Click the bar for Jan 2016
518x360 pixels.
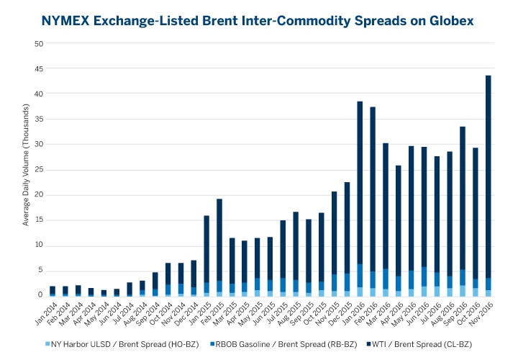click(360, 198)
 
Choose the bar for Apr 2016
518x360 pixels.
click(398, 230)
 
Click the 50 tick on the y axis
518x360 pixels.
click(39, 44)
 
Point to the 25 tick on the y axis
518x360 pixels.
click(39, 169)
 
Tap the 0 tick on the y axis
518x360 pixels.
click(41, 295)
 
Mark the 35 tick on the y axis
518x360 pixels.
click(39, 119)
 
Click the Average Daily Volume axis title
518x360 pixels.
click(26, 170)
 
